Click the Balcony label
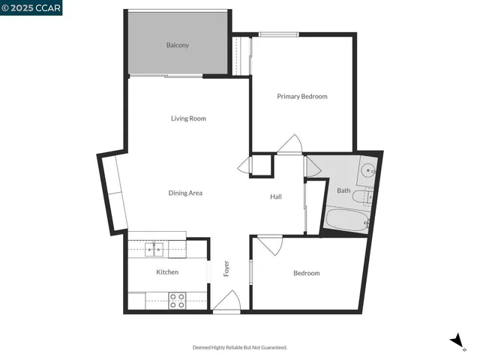177,45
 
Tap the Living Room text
188,118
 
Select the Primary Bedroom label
302,96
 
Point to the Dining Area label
185,193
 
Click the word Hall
276,196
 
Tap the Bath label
343,190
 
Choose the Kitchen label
167,271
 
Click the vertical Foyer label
226,268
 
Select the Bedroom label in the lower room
306,273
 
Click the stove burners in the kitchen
177,301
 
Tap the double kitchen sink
154,248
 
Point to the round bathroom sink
368,170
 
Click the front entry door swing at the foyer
227,303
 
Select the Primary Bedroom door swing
289,144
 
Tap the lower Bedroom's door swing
270,244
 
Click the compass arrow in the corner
456,340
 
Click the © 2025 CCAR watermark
31,7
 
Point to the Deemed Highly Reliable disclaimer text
240,347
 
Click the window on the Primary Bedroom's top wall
279,34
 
